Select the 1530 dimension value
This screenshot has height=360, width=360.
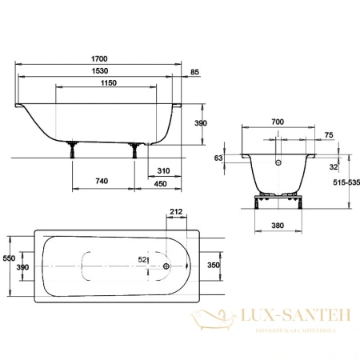click(100, 70)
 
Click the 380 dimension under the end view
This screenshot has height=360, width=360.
click(278, 226)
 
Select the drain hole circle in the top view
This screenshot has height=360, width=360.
click(165, 268)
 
